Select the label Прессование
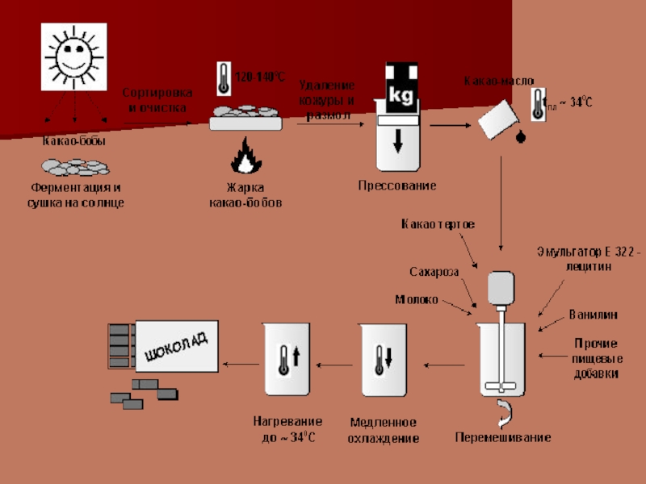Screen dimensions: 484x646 [x=397, y=186]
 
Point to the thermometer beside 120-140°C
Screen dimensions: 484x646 [x=223, y=78]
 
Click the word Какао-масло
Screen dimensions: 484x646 [x=498, y=81]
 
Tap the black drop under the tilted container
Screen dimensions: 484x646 [x=521, y=136]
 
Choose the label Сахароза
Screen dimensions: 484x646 [x=434, y=271]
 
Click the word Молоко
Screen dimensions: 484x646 [x=417, y=299]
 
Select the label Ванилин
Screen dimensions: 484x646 [x=594, y=313]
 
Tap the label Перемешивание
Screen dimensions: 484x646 [x=503, y=438]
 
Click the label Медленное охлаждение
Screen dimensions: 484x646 [x=384, y=430]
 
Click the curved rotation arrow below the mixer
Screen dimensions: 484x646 [x=504, y=411]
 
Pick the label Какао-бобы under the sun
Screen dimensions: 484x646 [x=74, y=141]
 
